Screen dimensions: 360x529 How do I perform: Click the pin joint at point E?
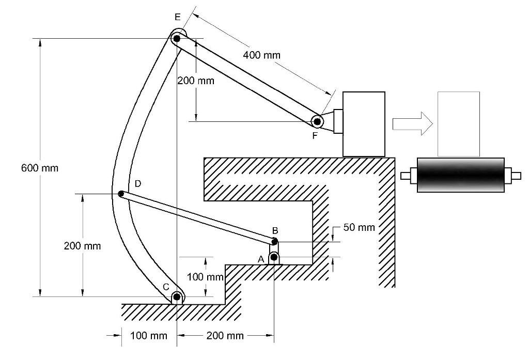[x=177, y=38]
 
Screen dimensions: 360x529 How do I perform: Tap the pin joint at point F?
[x=317, y=121]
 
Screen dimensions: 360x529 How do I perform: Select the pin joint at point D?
[x=121, y=194]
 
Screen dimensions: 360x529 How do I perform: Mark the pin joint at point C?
[x=177, y=297]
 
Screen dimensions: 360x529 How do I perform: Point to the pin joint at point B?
[x=274, y=241]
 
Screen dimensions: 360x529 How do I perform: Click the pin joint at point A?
[x=274, y=257]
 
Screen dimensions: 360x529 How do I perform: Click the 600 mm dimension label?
[x=40, y=168]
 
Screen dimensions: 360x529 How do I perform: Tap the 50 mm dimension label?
[x=359, y=228]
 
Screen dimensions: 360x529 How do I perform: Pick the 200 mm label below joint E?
[x=195, y=81]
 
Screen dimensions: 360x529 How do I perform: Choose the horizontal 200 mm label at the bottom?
[x=225, y=336]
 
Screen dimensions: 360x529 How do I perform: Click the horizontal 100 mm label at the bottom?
[x=149, y=336]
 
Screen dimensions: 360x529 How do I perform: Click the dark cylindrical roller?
[x=460, y=175]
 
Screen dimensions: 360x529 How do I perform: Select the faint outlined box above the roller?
[x=458, y=124]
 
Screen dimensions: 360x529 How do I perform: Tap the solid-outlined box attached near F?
[x=364, y=123]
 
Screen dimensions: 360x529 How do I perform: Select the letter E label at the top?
[x=177, y=18]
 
